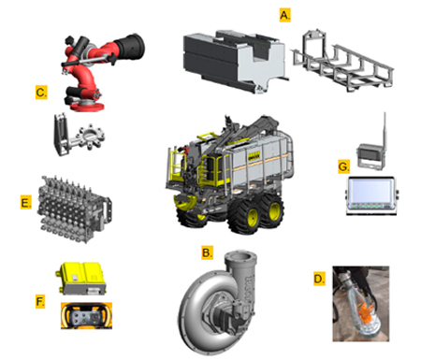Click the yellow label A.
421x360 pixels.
point(284,15)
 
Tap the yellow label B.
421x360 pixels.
point(207,252)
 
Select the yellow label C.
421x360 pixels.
point(41,93)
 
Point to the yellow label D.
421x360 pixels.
point(319,279)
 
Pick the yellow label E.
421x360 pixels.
point(26,203)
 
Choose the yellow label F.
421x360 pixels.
point(40,302)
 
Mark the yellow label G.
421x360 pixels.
point(343,166)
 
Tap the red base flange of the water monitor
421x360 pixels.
point(87,107)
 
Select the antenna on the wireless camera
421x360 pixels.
point(385,131)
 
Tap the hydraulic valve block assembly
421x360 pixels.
point(74,209)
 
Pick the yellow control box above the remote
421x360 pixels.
point(82,278)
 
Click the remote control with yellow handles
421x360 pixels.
point(86,315)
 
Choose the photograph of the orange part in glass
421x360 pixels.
point(361,304)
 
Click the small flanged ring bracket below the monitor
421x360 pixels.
point(79,136)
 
